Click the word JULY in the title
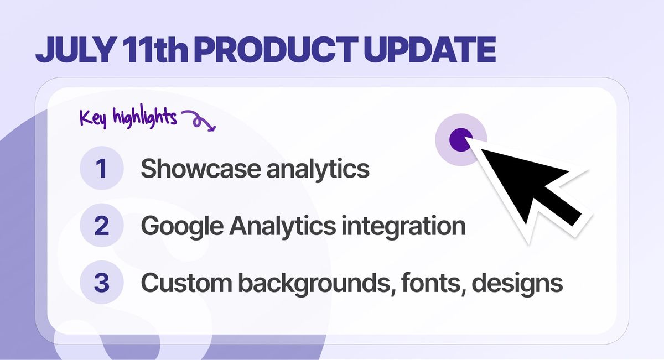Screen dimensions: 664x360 (x=75, y=49)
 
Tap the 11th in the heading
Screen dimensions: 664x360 (x=154, y=49)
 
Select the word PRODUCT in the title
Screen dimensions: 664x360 (x=276, y=49)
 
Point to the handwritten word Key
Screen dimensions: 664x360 (x=93, y=118)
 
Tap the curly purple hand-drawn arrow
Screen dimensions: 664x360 (x=198, y=120)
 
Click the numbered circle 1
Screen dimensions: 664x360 (x=102, y=168)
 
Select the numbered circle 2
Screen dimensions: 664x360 (x=102, y=225)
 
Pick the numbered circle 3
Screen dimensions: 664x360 (x=102, y=282)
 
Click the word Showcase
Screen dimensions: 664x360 (x=200, y=168)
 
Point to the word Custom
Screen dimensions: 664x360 (x=186, y=283)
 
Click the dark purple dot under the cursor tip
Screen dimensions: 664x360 (x=460, y=139)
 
